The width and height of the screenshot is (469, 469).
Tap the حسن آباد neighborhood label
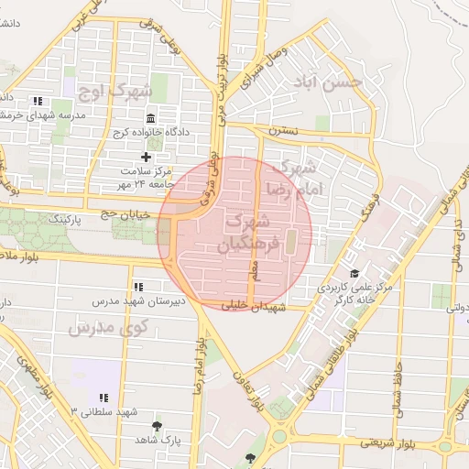tap(326, 82)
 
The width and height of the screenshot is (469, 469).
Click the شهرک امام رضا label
tap(290, 178)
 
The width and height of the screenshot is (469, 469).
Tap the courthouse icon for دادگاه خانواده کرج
tap(151, 118)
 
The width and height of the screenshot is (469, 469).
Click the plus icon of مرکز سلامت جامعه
tap(145, 158)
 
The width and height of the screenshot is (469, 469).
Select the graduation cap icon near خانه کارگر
tap(354, 274)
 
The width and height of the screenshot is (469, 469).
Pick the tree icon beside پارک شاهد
tap(157, 426)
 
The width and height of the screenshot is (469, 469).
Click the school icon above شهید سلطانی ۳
tap(103, 398)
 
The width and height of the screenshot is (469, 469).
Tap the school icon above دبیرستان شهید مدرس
tap(137, 287)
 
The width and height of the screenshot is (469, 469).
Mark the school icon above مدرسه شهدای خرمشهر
tap(37, 101)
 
